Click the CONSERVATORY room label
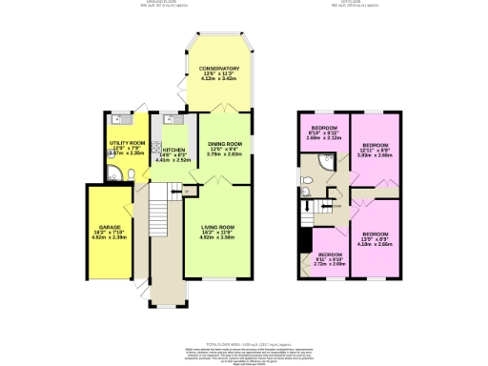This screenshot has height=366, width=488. (218, 69)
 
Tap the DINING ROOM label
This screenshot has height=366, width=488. (226, 143)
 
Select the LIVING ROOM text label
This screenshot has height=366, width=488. (218, 226)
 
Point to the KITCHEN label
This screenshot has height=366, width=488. (173, 151)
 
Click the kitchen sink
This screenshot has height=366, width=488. (168, 120)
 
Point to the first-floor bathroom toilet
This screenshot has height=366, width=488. (306, 179)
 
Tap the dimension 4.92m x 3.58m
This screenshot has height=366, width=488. (218, 237)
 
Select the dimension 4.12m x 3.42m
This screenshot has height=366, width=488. (218, 80)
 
